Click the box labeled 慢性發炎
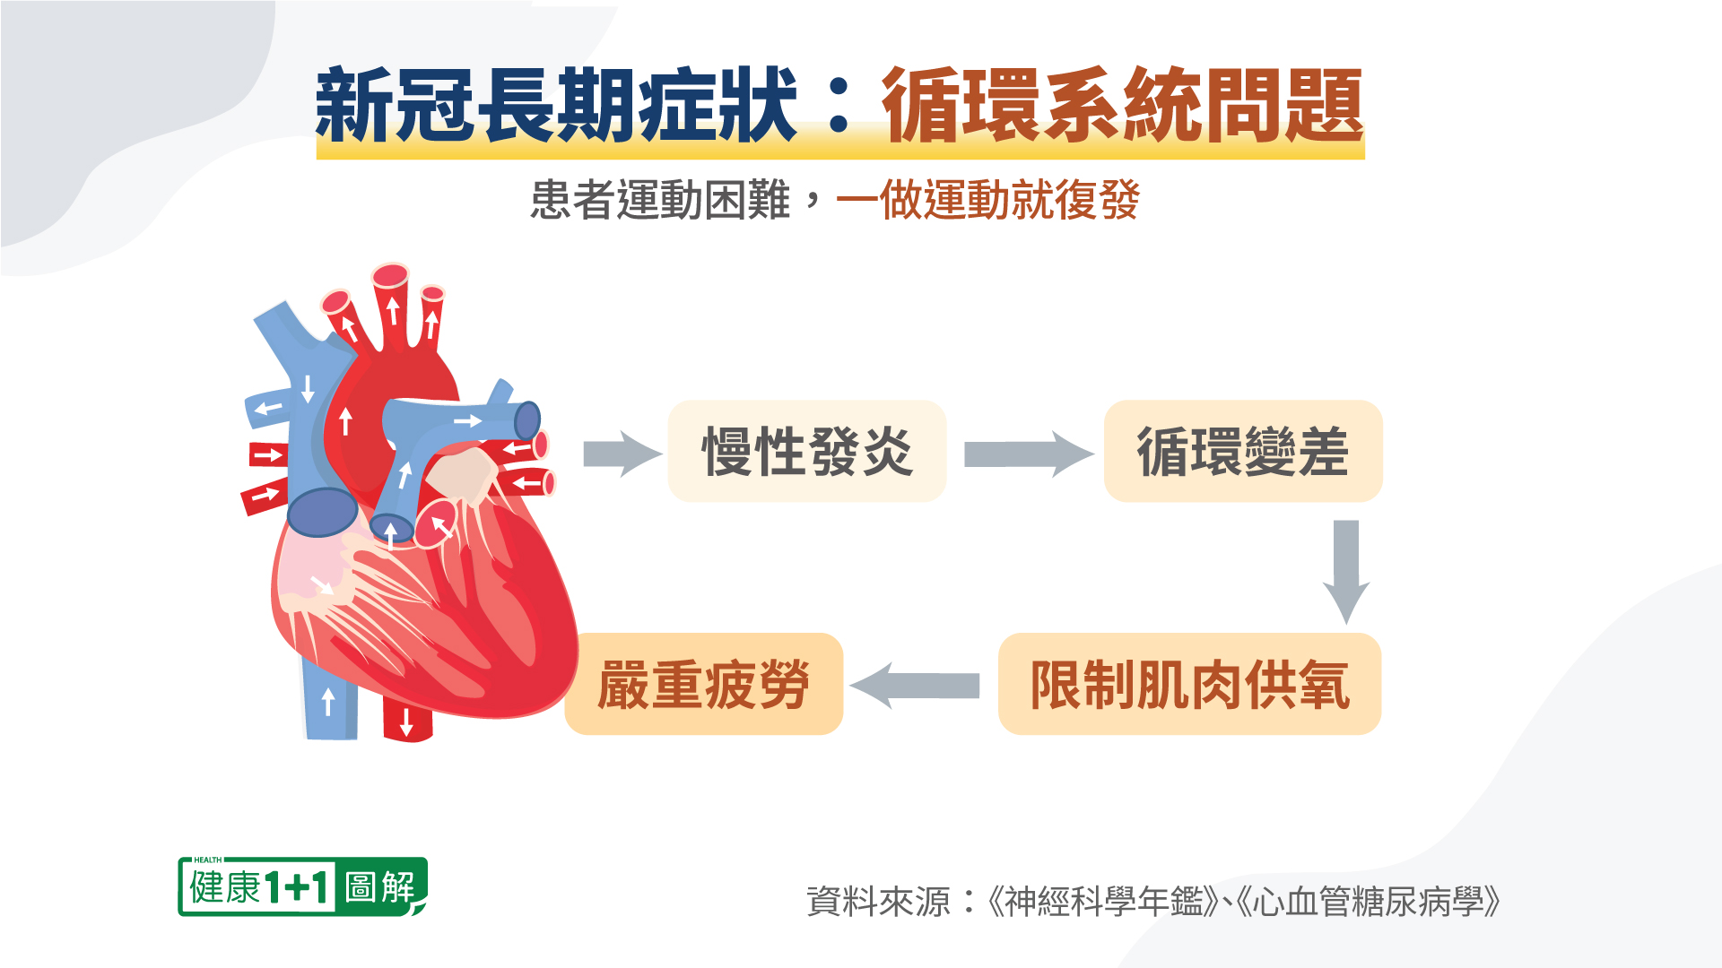807,451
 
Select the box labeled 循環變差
1243,451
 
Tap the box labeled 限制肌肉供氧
1189,685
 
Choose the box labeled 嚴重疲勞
704,685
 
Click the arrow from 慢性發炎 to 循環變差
1028,454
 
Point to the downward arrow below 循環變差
1345,570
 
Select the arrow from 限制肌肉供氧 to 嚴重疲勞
915,686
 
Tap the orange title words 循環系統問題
1122,107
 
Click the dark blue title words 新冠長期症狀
556,107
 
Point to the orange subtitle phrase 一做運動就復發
987,200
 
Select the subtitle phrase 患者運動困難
660,200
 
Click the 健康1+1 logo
260,887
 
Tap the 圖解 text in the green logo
381,887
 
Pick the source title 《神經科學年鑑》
1102,902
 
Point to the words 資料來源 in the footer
878,902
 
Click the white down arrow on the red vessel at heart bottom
406,721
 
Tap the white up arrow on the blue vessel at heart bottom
328,701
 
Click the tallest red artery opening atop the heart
391,275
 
